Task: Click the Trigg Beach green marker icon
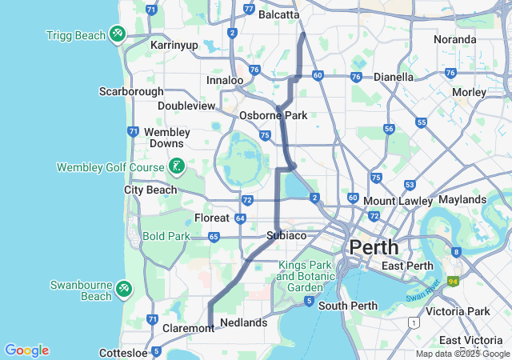[118, 34]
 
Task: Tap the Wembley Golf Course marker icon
[176, 167]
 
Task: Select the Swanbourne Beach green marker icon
[123, 288]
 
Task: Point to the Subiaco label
[286, 235]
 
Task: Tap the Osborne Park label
[274, 115]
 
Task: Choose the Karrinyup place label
[174, 45]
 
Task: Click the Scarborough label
[131, 91]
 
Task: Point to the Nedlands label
[243, 322]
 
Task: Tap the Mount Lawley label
[391, 200]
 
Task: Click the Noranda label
[454, 39]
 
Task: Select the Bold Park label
[166, 236]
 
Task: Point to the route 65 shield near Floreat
[214, 237]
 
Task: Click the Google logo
[26, 350]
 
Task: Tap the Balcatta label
[279, 14]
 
